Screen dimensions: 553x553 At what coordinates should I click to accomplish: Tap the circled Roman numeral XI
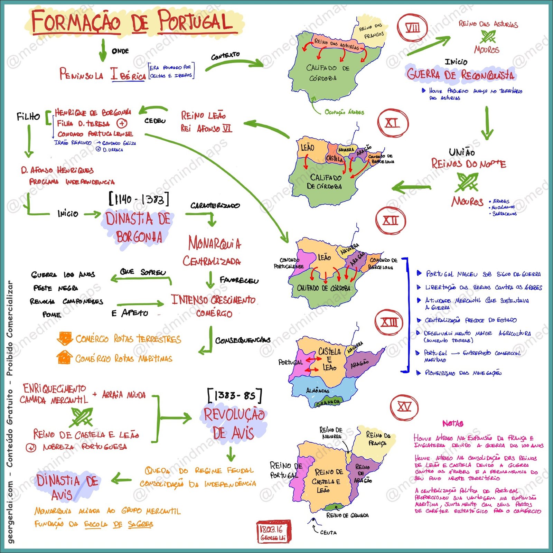[393, 123]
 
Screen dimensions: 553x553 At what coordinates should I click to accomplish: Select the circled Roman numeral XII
[391, 221]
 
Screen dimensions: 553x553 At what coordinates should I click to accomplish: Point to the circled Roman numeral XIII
[389, 322]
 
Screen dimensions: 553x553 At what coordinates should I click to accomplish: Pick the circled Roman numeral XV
[404, 407]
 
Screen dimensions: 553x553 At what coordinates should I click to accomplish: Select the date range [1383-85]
[235, 395]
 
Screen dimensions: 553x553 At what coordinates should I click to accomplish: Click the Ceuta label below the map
[328, 533]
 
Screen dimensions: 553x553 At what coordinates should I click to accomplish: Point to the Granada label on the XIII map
[328, 402]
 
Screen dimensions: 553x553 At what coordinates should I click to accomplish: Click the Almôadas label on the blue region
[317, 391]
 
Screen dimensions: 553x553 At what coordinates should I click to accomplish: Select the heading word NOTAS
[453, 423]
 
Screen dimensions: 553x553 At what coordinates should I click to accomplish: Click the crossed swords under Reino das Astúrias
[488, 37]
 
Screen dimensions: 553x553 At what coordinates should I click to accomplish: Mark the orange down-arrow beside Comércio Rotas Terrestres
[64, 338]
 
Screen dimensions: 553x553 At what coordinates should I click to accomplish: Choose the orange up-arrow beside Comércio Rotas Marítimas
[64, 357]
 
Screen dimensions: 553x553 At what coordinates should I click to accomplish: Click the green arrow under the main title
[103, 50]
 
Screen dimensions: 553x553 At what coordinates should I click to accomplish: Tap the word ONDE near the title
[120, 51]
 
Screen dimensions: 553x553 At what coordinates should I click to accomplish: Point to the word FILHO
[28, 116]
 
